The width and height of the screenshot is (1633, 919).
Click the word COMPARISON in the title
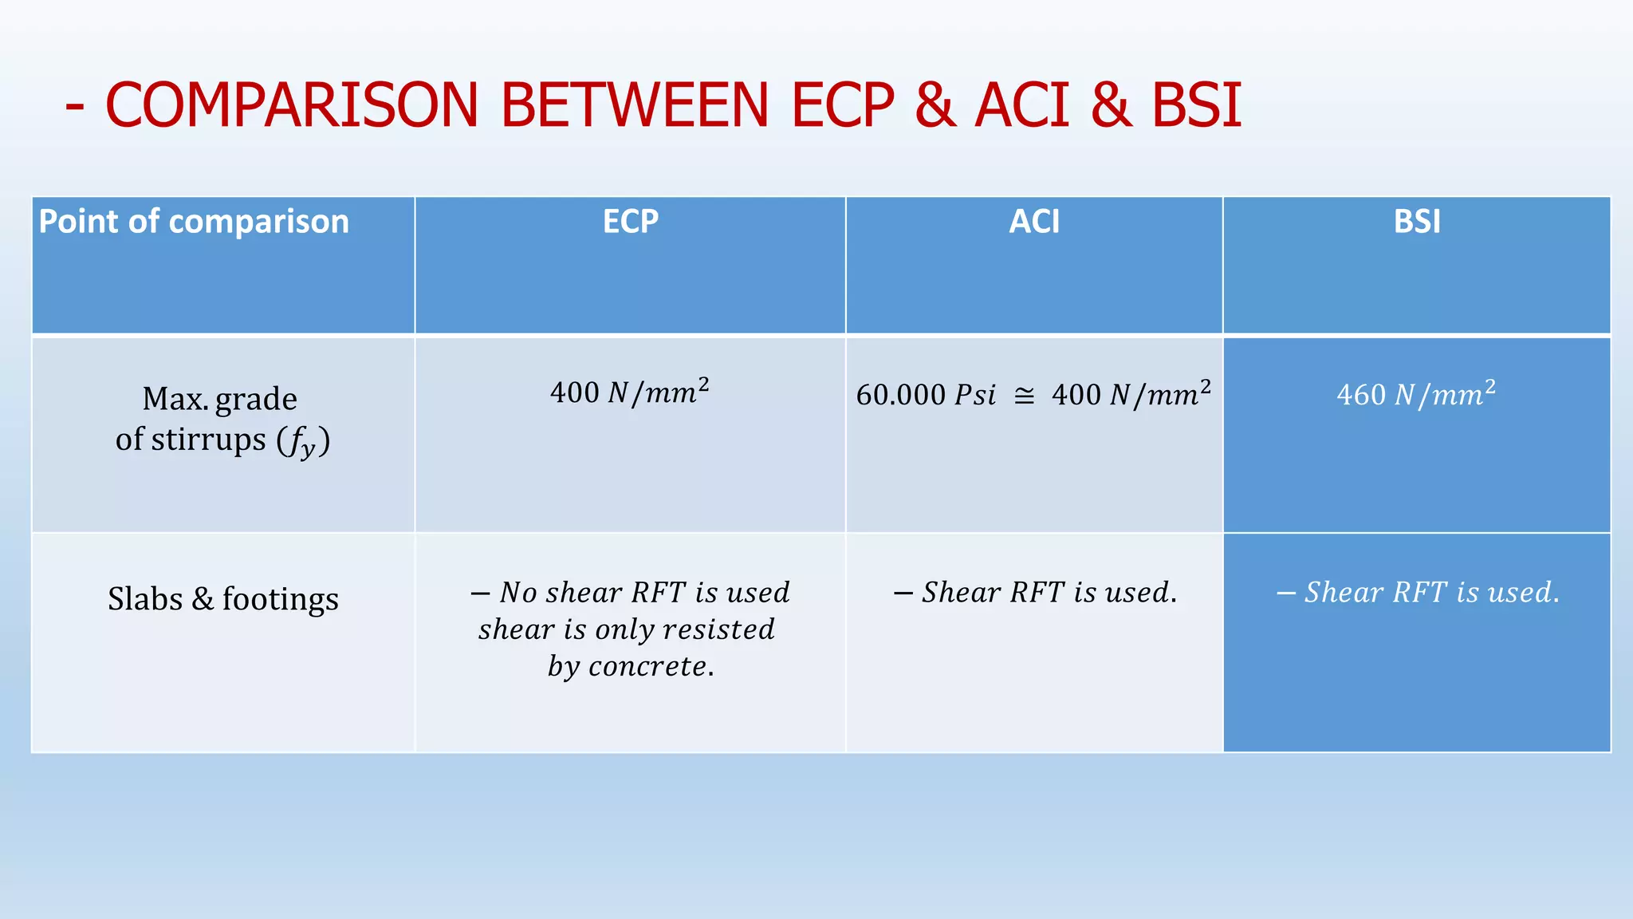coord(291,105)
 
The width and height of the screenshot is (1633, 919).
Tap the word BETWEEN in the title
coord(634,105)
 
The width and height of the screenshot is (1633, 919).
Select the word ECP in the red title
coord(843,105)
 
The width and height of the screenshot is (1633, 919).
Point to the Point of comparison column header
coord(194,222)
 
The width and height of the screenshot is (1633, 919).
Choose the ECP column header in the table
coord(630,222)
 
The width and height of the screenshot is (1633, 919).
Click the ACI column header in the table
coord(1034,222)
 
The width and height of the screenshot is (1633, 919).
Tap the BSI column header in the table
coord(1417,222)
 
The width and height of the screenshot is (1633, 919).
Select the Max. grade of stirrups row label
coord(222,419)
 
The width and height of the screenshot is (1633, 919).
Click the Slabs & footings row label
coord(223,598)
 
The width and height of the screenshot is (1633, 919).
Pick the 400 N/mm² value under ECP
coord(630,392)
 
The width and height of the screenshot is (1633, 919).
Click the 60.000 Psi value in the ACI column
coord(926,395)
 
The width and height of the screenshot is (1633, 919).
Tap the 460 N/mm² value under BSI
coord(1416,394)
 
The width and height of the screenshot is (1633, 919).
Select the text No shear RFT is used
coord(630,593)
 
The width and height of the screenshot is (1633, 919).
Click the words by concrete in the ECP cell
coord(630,666)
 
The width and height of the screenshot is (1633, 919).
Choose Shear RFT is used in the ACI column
coord(1035,593)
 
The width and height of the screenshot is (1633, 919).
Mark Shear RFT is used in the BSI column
coord(1418,593)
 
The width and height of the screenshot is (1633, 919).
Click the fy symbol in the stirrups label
coord(303,442)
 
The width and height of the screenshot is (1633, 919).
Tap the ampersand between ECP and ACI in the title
coord(935,105)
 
